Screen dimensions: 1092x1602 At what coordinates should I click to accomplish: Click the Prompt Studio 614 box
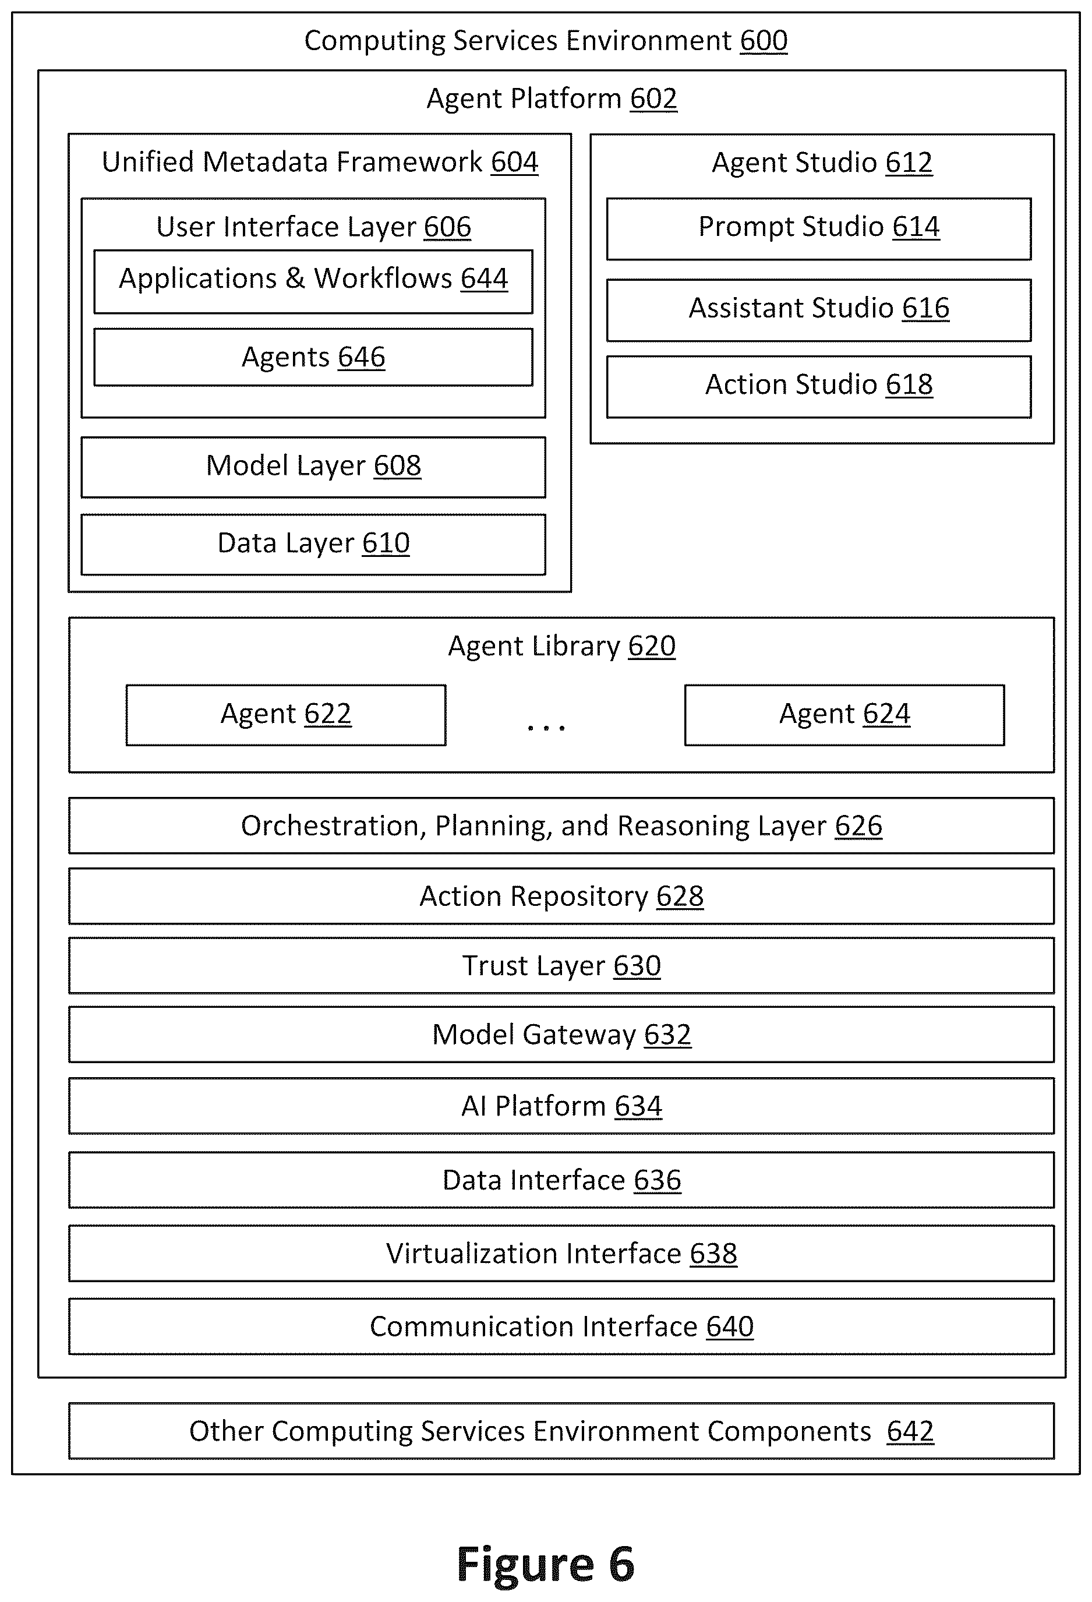click(818, 229)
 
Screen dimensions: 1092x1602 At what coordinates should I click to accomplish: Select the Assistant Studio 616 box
click(818, 309)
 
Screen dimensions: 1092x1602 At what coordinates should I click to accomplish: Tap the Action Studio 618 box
click(818, 387)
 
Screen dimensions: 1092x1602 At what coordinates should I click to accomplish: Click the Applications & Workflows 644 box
click(313, 281)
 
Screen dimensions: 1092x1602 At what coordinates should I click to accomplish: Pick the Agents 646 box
click(313, 357)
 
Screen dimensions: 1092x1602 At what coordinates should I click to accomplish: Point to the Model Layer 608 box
click(313, 467)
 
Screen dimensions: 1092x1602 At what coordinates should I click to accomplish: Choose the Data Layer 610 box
click(313, 544)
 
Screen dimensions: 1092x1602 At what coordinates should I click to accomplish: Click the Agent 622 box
click(286, 715)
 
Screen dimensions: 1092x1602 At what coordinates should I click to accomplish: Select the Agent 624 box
click(844, 715)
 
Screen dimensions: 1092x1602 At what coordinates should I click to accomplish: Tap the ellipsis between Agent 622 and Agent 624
click(546, 727)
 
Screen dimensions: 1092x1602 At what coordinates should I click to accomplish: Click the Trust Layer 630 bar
click(561, 965)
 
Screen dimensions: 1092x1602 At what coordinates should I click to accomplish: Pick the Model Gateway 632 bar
click(561, 1034)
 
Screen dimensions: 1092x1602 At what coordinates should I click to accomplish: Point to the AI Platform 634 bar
click(561, 1106)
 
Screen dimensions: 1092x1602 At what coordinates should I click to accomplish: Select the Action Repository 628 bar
click(561, 895)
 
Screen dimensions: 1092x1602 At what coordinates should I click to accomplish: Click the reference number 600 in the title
click(764, 41)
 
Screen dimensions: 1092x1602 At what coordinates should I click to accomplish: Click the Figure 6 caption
click(546, 1564)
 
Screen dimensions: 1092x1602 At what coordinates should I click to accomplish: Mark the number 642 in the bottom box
click(910, 1431)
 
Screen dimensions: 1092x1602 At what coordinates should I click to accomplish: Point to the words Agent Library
click(534, 647)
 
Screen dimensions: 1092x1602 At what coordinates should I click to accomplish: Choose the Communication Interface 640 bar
click(561, 1326)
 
